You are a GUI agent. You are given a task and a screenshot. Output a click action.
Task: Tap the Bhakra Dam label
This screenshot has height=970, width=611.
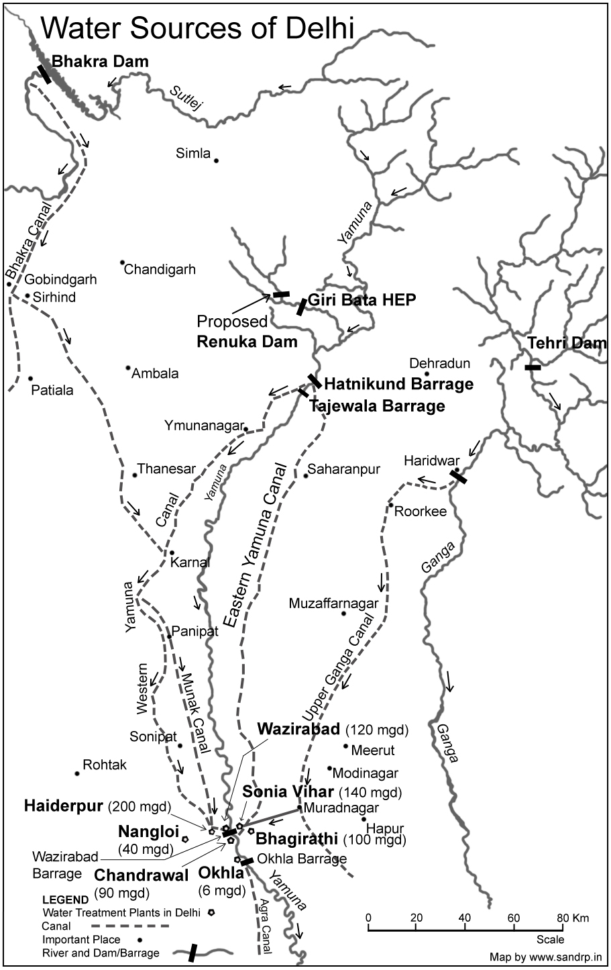tap(100, 62)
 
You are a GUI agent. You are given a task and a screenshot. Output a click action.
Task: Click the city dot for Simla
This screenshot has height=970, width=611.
tap(216, 160)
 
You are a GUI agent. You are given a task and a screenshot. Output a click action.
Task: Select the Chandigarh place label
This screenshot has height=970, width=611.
tap(160, 269)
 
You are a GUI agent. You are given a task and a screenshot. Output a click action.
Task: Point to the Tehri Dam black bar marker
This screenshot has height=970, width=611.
tap(533, 367)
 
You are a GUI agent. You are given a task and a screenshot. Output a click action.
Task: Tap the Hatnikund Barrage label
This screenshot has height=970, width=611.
tap(398, 385)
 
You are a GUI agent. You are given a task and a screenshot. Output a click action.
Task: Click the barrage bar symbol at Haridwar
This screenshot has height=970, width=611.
tap(459, 477)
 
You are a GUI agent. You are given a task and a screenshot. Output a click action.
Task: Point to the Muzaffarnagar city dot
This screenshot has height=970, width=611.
tap(343, 613)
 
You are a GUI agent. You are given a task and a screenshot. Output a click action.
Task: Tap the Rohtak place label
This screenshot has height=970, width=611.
tap(104, 765)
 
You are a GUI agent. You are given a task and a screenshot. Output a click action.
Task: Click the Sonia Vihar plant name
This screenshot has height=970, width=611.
tap(289, 791)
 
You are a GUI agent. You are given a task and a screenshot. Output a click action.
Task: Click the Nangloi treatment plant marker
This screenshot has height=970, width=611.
tap(184, 838)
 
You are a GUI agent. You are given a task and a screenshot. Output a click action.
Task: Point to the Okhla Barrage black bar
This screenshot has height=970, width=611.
tap(247, 861)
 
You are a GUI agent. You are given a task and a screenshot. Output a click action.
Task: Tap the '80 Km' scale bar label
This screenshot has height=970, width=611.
tap(571, 918)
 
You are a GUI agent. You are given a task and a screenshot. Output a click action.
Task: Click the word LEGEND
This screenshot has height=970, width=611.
tap(65, 900)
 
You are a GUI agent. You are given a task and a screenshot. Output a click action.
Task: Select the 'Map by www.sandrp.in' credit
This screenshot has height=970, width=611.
tap(545, 957)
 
